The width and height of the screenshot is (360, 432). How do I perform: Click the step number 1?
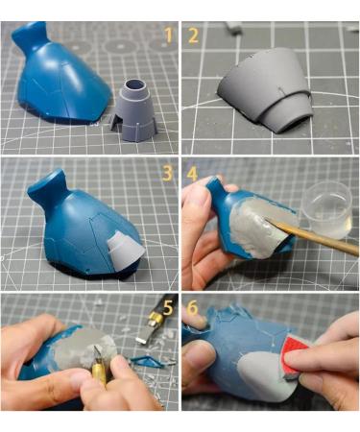tap(169, 35)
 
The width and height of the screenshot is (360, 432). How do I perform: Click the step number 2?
tap(193, 36)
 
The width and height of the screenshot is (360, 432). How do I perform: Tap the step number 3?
tap(168, 173)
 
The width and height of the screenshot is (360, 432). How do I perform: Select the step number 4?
tap(192, 173)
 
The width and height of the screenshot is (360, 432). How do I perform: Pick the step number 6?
tap(192, 308)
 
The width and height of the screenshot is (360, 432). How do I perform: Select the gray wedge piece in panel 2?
tap(266, 89)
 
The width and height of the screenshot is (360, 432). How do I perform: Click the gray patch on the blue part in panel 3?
tap(123, 250)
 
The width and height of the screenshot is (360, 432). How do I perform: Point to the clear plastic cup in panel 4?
tap(327, 211)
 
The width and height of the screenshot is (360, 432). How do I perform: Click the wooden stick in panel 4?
tap(312, 236)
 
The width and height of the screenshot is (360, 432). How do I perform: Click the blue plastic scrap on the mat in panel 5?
tap(147, 361)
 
